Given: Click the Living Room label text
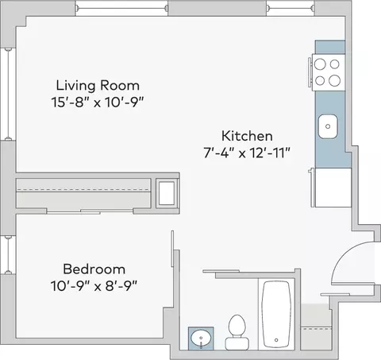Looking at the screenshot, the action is (x=98, y=85).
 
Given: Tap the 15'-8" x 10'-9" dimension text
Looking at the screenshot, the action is (x=98, y=103).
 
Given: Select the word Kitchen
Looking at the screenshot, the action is (x=247, y=136).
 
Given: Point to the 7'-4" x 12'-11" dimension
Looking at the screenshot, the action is (x=247, y=153).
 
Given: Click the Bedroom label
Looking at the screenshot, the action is (x=94, y=269).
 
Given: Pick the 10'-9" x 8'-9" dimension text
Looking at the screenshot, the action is (x=94, y=286).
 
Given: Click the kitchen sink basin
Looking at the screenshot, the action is (x=328, y=126).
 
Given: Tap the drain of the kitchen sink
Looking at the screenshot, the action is (x=328, y=126).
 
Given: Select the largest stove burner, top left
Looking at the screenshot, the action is (x=320, y=64).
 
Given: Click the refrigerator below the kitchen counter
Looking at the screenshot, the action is (x=332, y=188).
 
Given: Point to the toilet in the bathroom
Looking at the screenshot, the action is (x=237, y=332).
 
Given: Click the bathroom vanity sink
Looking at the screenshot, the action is (x=201, y=339).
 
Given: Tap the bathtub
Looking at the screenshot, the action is (x=276, y=314).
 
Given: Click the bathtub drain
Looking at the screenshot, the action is (x=276, y=340).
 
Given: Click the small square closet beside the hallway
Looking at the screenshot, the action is (x=167, y=193).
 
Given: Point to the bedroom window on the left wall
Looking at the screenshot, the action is (x=9, y=255).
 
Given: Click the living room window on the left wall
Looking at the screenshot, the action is (x=9, y=95).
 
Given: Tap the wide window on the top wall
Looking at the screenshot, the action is (x=121, y=9).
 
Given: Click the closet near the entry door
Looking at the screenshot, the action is (x=316, y=327).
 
